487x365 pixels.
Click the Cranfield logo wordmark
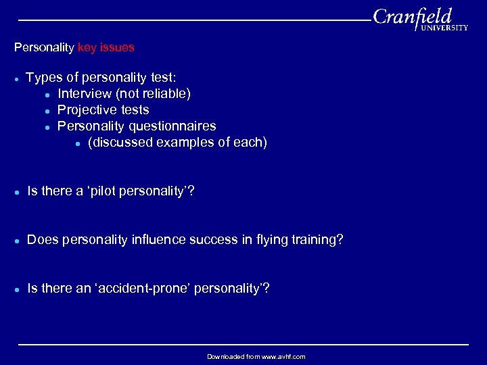[x=412, y=16]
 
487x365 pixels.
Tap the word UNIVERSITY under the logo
[x=444, y=28]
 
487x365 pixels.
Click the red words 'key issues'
[x=106, y=48]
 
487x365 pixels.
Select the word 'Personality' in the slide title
[x=44, y=48]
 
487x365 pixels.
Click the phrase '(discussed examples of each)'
[x=177, y=142]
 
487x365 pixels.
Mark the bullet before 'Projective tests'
[x=47, y=110]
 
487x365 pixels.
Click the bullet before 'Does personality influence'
[x=16, y=241]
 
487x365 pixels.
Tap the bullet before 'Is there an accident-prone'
[x=16, y=289]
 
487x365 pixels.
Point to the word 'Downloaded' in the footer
[x=224, y=356]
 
